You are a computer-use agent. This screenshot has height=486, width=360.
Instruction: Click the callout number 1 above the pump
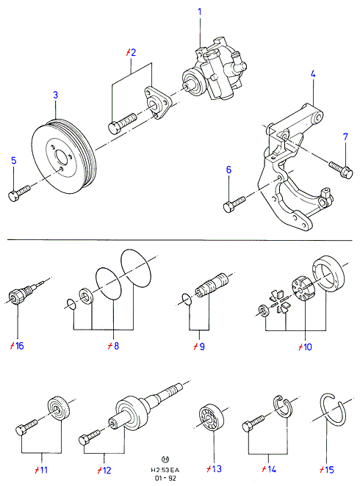200,12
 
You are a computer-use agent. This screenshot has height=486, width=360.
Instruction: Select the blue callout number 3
56,95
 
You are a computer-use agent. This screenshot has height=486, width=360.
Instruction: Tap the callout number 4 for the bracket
313,73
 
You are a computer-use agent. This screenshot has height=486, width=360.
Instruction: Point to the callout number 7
345,137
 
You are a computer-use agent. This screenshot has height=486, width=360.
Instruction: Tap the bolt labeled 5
19,193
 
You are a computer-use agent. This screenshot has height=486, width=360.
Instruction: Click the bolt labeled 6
234,204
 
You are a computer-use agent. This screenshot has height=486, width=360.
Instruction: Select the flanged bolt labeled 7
341,170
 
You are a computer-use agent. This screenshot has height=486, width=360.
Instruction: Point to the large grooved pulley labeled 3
64,156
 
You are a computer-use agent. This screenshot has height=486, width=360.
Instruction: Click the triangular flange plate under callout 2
157,103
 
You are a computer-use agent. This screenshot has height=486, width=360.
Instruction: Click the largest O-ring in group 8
137,268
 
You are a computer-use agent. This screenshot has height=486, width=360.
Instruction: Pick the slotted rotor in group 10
303,288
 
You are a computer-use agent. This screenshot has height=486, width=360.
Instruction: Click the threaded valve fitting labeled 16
22,291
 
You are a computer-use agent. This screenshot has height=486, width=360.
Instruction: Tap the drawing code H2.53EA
165,470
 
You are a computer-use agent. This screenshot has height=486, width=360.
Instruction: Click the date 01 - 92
165,478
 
